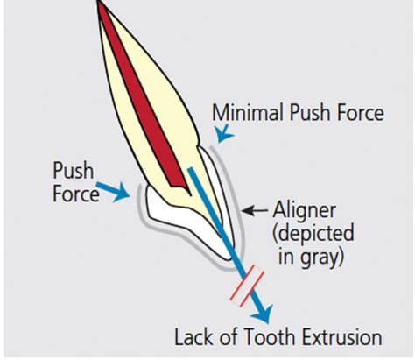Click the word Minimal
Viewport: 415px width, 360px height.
(248, 112)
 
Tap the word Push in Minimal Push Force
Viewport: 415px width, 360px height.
(311, 112)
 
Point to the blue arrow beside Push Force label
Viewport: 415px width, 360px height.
(113, 191)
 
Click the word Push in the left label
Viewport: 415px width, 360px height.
(74, 171)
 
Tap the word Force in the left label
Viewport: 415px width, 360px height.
(76, 194)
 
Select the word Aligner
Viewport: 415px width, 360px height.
(304, 210)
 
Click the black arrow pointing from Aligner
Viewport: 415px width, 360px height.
(255, 210)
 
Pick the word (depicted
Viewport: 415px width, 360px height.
(313, 233)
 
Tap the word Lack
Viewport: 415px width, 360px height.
(194, 337)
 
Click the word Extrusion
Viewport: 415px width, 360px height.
(342, 337)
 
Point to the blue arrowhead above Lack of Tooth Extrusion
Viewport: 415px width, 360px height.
(263, 314)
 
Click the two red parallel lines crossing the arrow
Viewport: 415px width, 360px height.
(247, 286)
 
